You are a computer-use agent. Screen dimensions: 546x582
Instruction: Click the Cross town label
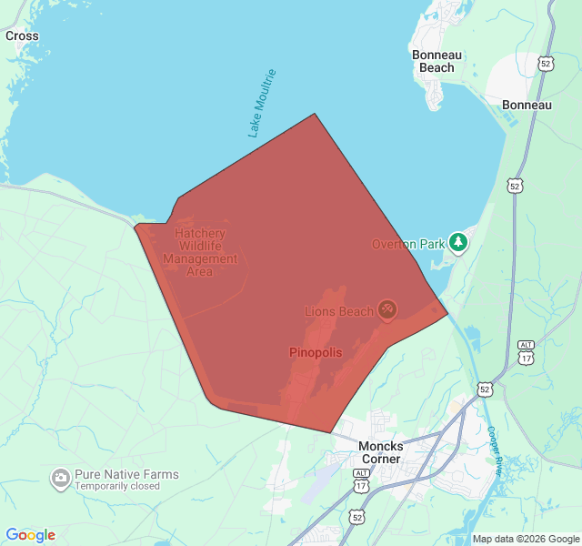click(22, 36)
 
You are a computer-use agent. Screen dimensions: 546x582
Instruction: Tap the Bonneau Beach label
click(437, 61)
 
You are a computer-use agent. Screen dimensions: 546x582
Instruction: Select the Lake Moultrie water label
click(261, 103)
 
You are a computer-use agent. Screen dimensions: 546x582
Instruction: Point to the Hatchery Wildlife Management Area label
click(200, 252)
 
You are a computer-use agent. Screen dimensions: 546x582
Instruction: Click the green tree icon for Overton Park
click(459, 242)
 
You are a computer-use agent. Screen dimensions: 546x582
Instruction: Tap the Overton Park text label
click(408, 244)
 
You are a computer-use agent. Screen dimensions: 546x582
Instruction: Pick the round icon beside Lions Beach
click(387, 311)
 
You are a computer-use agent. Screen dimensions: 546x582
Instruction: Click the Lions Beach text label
click(338, 312)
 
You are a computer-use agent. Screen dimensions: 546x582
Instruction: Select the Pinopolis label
click(316, 351)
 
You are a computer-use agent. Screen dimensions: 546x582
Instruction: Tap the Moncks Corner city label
click(380, 452)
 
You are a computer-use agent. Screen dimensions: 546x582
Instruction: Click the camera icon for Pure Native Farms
click(61, 477)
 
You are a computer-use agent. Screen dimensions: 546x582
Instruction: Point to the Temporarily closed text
click(117, 486)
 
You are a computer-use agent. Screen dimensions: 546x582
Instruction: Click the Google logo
click(30, 535)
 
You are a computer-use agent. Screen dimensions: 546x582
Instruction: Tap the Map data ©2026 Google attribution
click(526, 539)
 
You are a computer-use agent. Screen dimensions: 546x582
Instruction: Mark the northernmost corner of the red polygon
click(315, 114)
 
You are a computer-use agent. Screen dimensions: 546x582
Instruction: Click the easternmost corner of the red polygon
click(447, 315)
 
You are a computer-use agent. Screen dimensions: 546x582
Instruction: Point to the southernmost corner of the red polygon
click(329, 432)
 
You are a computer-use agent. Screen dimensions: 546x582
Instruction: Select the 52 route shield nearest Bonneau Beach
click(545, 63)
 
